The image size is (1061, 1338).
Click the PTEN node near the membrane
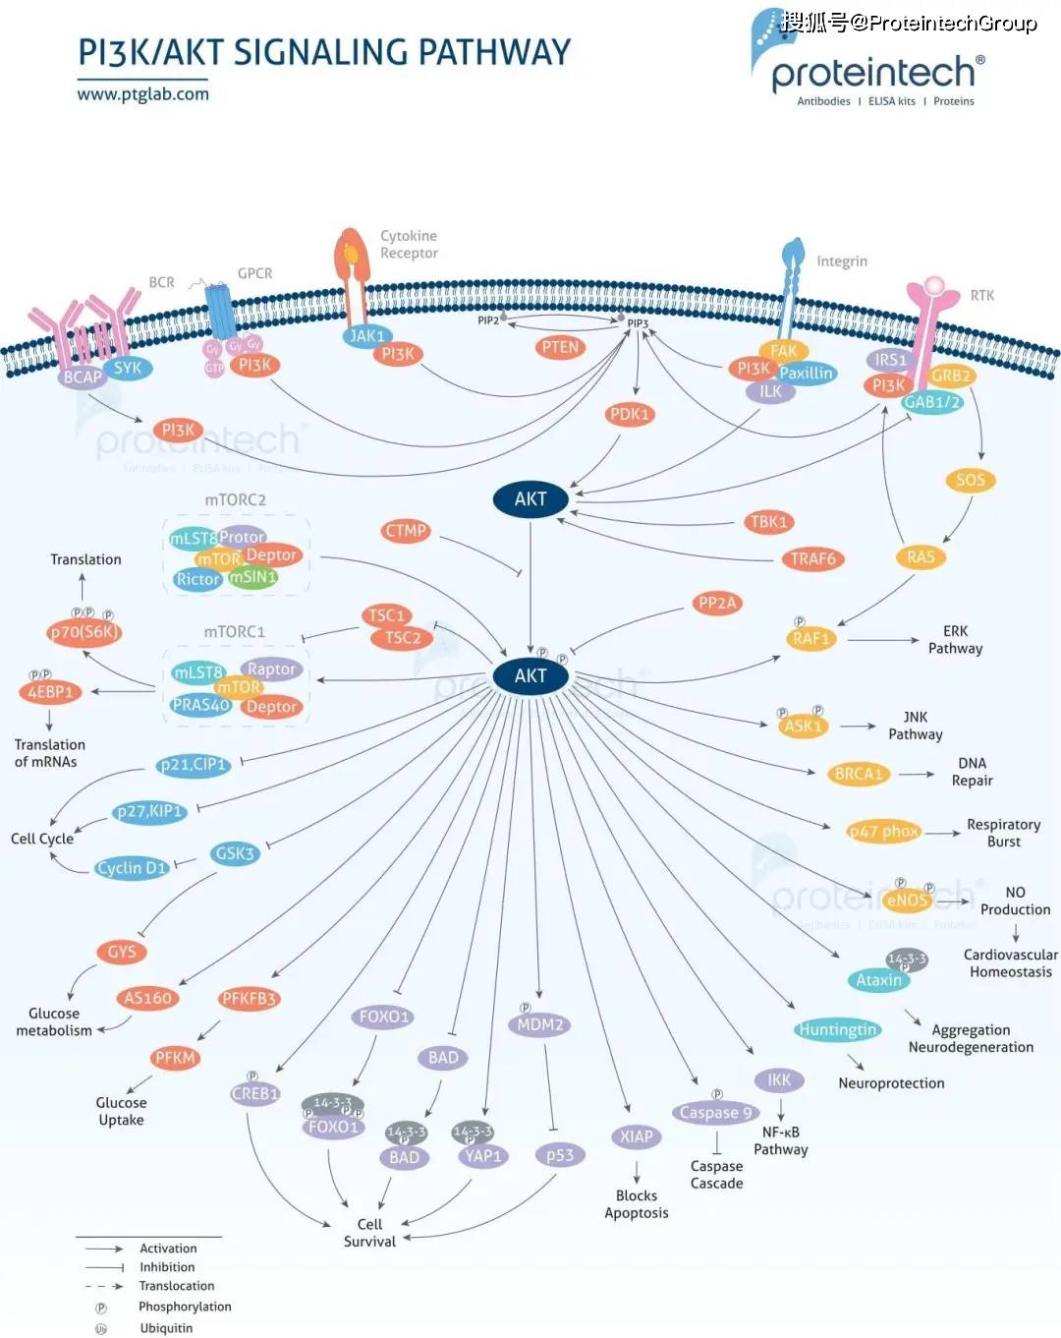[x=560, y=347]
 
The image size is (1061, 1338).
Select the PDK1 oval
[x=630, y=414]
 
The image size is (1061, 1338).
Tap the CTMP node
[x=406, y=531]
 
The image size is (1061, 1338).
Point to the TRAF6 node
[x=812, y=559]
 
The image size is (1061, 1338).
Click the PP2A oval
[x=717, y=604]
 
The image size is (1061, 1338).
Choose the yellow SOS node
[x=970, y=480]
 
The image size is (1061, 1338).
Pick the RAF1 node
[x=810, y=638]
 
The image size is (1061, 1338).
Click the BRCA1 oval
[x=859, y=774]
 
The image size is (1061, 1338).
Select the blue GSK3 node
[x=235, y=853]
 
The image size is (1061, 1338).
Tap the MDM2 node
[x=540, y=1024]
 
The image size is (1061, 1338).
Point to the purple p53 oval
[x=560, y=1155]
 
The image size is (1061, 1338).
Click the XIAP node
[x=636, y=1136]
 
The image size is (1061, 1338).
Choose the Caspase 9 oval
[x=716, y=1113]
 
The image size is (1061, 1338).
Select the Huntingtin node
[x=838, y=1029]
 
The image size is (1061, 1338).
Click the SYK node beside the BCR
[x=128, y=369]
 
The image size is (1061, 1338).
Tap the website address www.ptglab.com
[x=143, y=94]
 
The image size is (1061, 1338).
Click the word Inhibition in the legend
[x=167, y=1267]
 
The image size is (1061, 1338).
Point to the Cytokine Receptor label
[x=409, y=245]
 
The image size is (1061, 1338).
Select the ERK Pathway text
[x=955, y=639]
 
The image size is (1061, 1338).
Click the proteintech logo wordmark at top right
[x=873, y=73]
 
